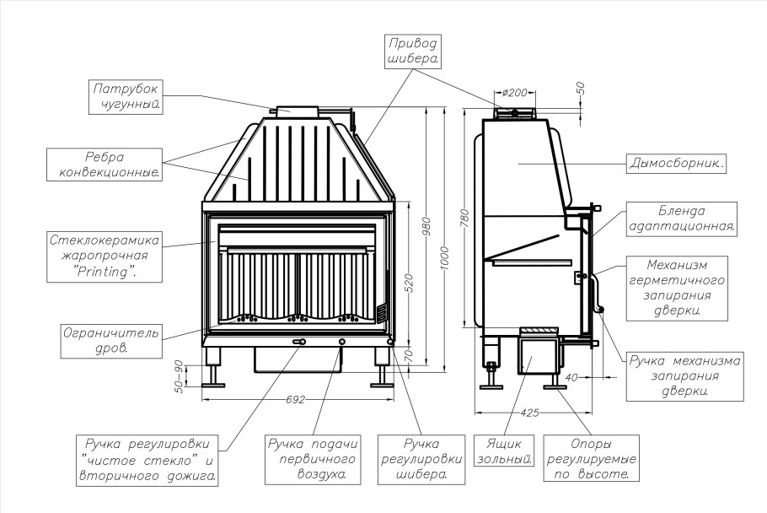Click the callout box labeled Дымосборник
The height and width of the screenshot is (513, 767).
coord(676,164)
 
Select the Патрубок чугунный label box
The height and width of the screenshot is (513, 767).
coord(126,97)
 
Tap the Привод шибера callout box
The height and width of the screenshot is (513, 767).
coord(412,51)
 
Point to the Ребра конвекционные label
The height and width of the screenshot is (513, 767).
coord(105,165)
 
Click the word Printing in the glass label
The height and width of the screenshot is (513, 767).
coord(105,272)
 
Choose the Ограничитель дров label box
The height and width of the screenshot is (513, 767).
coord(111,341)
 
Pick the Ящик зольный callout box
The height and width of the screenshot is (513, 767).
coord(504,451)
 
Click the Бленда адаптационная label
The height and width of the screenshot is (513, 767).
coord(681,219)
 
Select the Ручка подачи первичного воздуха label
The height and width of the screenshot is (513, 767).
coord(313,460)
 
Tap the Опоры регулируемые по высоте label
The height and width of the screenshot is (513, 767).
coord(591,458)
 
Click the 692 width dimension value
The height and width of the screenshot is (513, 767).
coord(296,400)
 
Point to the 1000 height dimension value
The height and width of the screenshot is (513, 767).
coord(444,258)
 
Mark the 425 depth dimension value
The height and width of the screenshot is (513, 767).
coord(529,413)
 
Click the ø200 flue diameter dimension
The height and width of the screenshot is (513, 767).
coord(515,92)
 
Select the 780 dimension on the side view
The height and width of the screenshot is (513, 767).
coord(464,219)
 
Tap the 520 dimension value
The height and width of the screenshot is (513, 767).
coord(410,283)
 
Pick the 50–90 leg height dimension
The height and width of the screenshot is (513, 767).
coord(179,376)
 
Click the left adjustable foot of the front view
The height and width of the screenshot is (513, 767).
coord(213,368)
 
